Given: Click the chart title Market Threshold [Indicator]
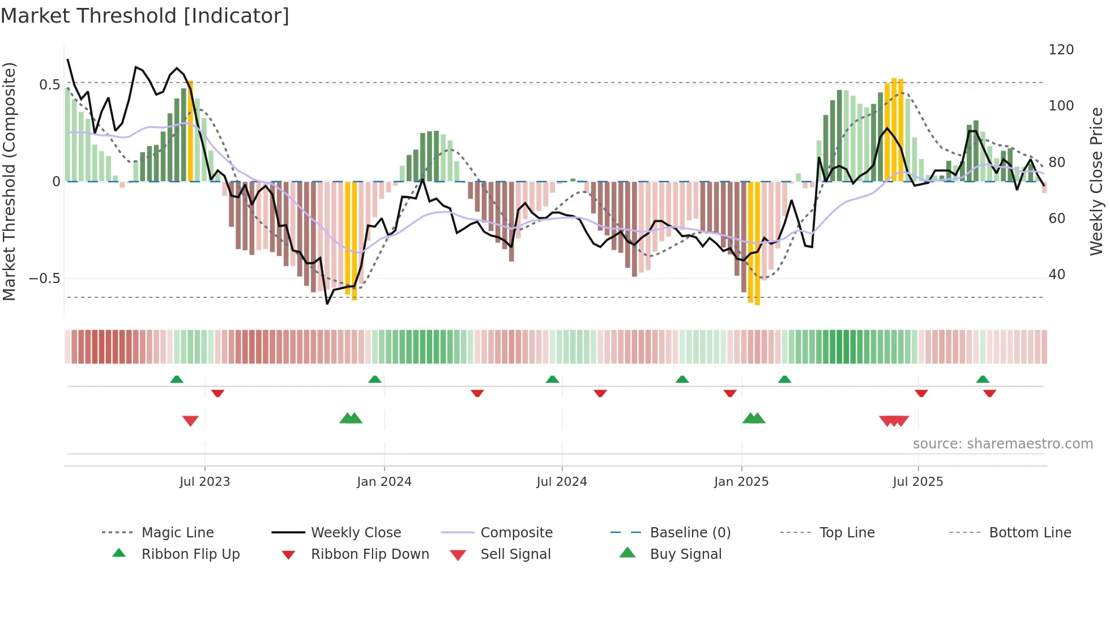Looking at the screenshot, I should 145,16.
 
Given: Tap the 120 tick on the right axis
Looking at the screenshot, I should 1061,50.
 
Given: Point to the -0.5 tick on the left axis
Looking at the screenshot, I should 44,278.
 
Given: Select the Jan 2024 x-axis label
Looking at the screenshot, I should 384,482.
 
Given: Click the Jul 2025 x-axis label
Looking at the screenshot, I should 917,482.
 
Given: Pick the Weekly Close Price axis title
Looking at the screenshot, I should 1096,181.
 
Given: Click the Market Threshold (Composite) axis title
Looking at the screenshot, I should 9,181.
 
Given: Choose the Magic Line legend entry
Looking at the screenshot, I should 177,533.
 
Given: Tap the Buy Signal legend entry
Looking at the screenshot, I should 685,554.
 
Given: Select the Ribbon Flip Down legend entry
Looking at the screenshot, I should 370,554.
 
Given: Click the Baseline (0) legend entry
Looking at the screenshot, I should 690,533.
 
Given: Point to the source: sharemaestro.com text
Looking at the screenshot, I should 1002,444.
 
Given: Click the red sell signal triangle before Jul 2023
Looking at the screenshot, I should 190,421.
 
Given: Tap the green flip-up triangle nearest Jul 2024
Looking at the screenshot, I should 552,379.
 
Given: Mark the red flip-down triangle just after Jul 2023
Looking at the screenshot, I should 217,393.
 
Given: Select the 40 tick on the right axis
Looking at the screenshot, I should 1057,275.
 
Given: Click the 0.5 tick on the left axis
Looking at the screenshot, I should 49,85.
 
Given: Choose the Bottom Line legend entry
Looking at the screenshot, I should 1030,533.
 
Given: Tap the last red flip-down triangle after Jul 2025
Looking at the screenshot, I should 989,393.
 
